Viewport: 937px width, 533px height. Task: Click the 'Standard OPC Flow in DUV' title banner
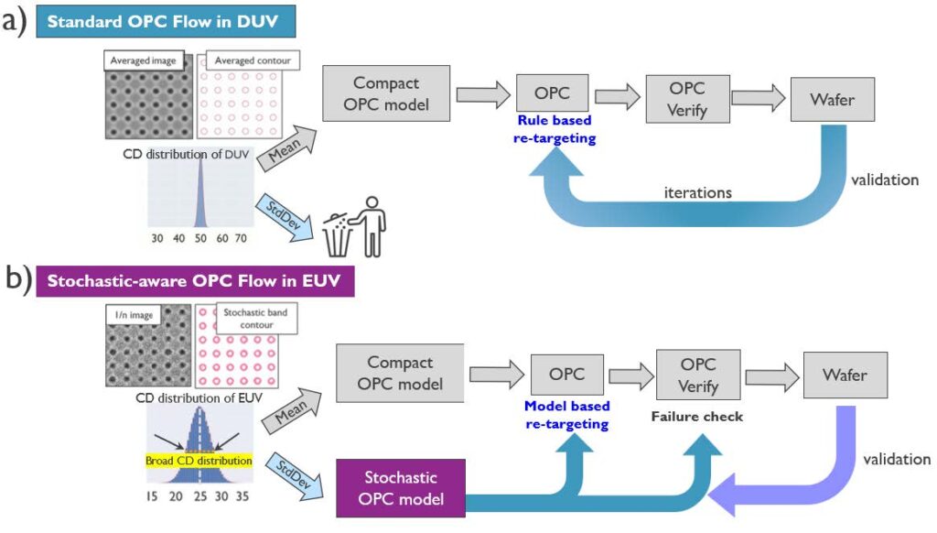click(158, 21)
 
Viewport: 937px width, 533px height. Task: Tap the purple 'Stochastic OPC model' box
click(402, 488)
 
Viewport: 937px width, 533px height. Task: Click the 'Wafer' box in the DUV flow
click(832, 98)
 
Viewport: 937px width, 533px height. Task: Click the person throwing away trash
click(371, 223)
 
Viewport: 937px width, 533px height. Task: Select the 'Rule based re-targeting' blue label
click(555, 129)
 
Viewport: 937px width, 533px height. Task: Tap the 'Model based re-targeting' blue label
click(568, 416)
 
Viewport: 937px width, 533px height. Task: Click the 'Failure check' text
click(696, 417)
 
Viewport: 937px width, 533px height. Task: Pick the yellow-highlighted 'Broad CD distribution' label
click(199, 461)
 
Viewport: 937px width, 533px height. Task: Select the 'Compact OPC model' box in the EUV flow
click(400, 373)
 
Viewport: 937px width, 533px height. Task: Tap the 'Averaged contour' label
click(253, 61)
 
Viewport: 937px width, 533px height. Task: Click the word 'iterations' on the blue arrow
click(696, 192)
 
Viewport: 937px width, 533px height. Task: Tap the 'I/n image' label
click(135, 317)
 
